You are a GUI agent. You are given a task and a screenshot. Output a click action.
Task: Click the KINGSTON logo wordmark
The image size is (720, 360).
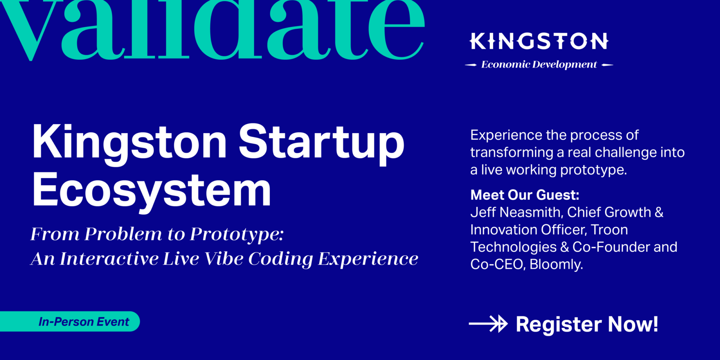tap(539, 41)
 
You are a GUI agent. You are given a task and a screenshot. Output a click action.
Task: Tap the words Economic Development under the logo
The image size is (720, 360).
tap(539, 64)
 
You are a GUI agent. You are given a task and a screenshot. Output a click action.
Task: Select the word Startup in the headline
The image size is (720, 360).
tap(321, 143)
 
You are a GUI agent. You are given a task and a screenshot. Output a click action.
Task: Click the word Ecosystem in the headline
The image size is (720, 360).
tap(152, 191)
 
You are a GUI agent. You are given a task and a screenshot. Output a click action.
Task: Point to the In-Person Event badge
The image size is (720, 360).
tap(83, 322)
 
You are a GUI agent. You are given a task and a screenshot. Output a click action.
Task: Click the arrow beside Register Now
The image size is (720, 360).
tap(488, 324)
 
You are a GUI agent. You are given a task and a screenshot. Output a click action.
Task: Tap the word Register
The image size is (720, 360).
tap(559, 324)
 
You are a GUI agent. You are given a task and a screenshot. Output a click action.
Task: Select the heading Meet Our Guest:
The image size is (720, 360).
tap(525, 195)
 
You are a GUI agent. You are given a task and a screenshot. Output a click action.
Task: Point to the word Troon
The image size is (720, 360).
tap(609, 230)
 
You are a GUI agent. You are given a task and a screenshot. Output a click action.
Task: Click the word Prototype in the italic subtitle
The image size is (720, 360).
tap(237, 234)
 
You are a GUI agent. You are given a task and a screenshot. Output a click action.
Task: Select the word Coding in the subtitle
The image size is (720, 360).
tap(281, 259)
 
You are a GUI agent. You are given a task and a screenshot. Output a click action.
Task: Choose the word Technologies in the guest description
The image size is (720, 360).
tap(513, 247)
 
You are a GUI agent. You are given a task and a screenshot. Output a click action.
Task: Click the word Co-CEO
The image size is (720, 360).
tap(498, 264)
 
